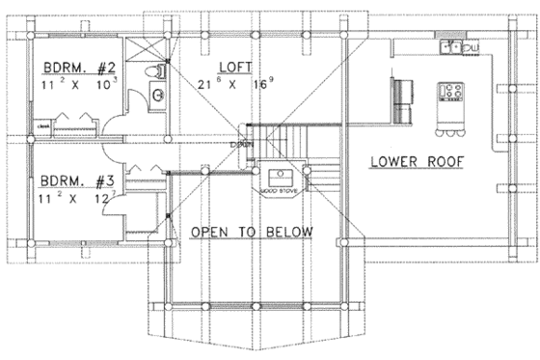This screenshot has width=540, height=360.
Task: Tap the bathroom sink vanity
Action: click(x=157, y=95)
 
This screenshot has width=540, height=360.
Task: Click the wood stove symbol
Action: click(x=281, y=177)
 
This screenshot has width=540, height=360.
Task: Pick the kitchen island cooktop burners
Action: click(x=450, y=93)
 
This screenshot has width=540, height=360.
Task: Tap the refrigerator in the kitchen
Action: click(x=400, y=95)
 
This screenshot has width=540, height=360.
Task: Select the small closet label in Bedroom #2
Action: click(x=43, y=125)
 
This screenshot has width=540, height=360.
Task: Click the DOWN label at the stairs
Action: click(x=240, y=145)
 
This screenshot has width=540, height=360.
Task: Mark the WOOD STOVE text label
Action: click(x=279, y=193)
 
